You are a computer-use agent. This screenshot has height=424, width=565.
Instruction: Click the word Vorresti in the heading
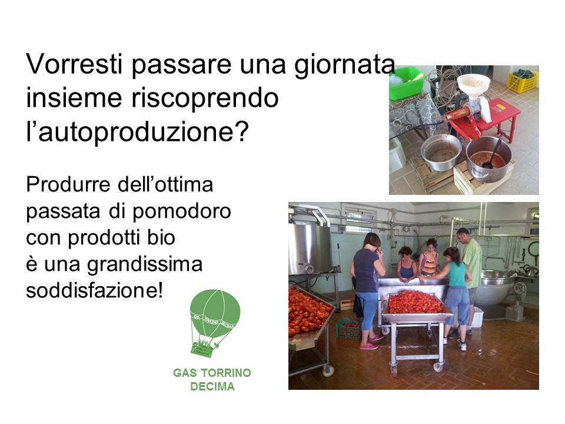click(74, 64)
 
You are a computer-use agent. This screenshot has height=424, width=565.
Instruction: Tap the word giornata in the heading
click(345, 65)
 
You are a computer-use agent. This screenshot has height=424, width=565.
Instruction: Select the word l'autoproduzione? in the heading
click(137, 132)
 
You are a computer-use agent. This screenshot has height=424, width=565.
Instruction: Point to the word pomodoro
click(182, 212)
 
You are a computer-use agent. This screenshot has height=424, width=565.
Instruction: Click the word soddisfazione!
click(94, 290)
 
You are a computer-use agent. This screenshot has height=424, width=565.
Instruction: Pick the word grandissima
click(145, 265)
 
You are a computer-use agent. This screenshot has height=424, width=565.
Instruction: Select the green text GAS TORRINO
click(212, 372)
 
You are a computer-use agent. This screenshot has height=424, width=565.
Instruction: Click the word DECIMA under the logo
click(212, 386)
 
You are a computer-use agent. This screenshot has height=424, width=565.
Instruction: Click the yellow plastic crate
click(523, 81)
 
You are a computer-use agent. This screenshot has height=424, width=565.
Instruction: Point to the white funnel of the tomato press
click(473, 85)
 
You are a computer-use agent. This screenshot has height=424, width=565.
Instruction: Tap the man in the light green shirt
click(471, 267)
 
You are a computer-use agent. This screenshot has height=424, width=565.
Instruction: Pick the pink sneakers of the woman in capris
click(372, 342)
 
